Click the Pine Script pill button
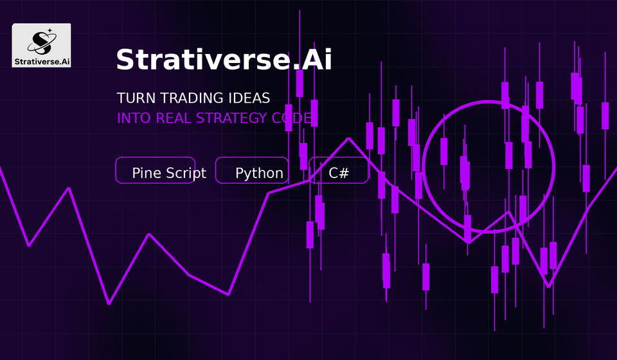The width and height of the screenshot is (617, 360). click(156, 170)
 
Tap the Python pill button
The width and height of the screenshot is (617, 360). click(252, 170)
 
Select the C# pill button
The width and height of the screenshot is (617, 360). click(339, 170)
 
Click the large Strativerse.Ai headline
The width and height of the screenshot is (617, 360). click(224, 60)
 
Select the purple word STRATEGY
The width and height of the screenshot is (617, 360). click(232, 118)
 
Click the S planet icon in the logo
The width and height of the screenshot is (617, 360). click(42, 42)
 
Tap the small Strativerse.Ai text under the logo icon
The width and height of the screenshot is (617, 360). click(42, 62)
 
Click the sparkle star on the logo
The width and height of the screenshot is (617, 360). click(50, 30)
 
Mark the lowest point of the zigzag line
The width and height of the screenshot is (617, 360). click(109, 303)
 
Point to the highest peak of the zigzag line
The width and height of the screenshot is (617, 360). click(348, 138)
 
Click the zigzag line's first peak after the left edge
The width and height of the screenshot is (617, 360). click(69, 188)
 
